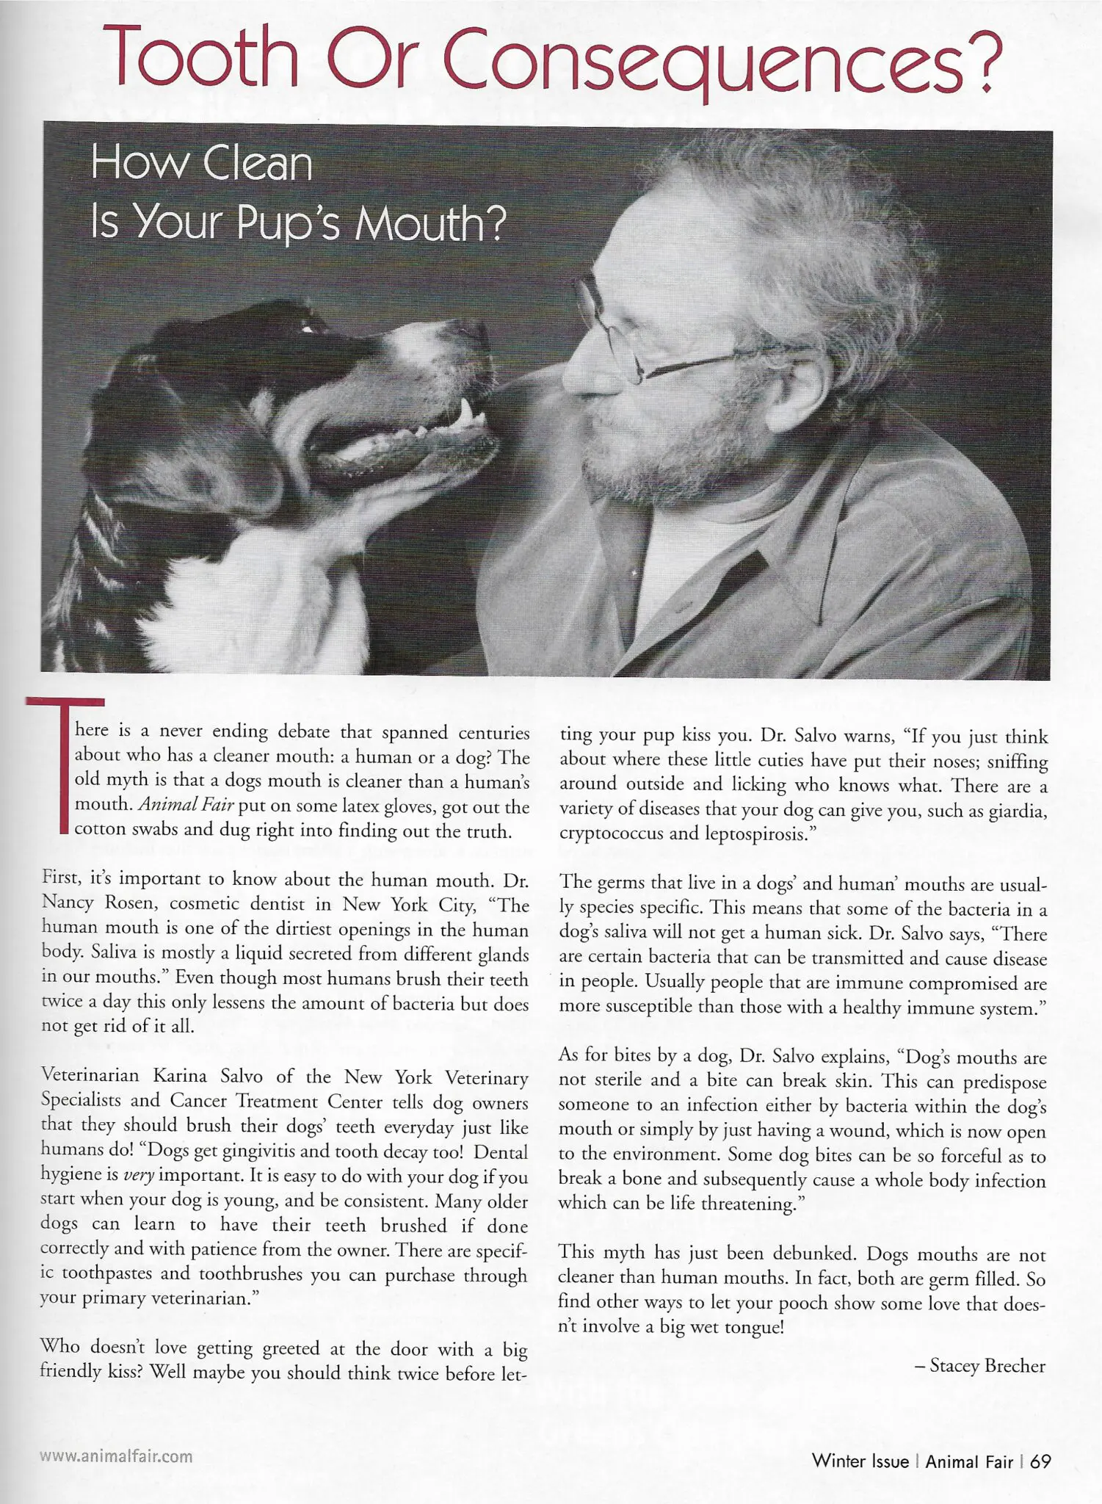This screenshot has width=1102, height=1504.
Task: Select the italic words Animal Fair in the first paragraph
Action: pyautogui.click(x=186, y=806)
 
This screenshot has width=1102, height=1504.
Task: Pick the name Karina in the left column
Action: pyautogui.click(x=184, y=1077)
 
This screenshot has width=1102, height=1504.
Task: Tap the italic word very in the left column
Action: pyautogui.click(x=138, y=1175)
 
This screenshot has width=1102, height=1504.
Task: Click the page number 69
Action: pyautogui.click(x=1040, y=1461)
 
